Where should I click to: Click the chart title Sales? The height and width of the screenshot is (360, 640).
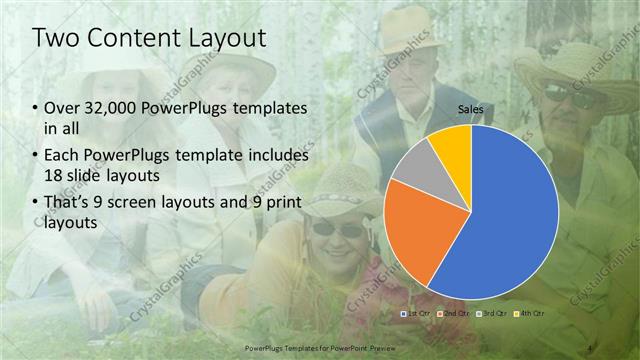click(471, 108)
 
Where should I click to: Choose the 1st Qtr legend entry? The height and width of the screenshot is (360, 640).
click(413, 314)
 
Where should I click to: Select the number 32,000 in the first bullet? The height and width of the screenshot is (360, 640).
click(111, 107)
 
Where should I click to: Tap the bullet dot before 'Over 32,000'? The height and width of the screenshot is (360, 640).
click(35, 107)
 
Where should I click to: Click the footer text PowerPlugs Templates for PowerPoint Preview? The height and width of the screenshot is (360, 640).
click(319, 349)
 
